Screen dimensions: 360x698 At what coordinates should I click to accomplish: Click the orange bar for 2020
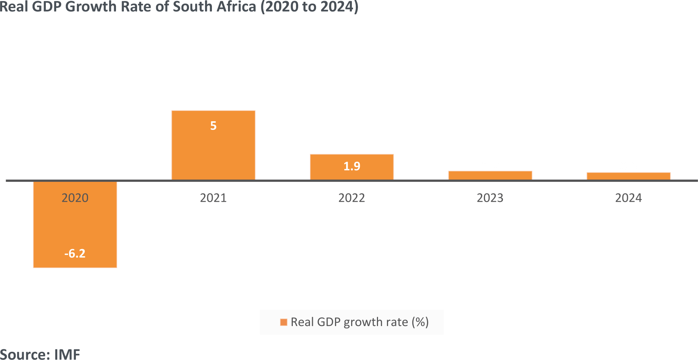(x=75, y=225)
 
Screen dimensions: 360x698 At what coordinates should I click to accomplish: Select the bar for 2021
(x=213, y=150)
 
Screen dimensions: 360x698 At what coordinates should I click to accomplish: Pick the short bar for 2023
(x=490, y=175)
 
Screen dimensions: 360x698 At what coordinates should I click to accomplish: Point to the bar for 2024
(x=628, y=176)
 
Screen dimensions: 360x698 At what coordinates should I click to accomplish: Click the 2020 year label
(x=75, y=198)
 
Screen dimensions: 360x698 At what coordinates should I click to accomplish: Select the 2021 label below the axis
(x=213, y=198)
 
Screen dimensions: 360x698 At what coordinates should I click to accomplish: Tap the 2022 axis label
(x=352, y=198)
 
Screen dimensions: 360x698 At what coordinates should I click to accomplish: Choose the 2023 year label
(x=490, y=198)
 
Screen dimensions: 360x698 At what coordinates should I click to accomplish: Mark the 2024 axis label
(x=628, y=198)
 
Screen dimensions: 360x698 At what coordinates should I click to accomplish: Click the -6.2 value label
(x=75, y=253)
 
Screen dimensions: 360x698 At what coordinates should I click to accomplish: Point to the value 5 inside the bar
(x=213, y=126)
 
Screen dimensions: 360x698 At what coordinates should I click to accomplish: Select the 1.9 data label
(x=352, y=166)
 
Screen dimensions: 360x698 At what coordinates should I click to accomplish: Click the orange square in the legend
(x=283, y=322)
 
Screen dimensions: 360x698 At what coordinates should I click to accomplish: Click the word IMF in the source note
(x=67, y=354)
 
